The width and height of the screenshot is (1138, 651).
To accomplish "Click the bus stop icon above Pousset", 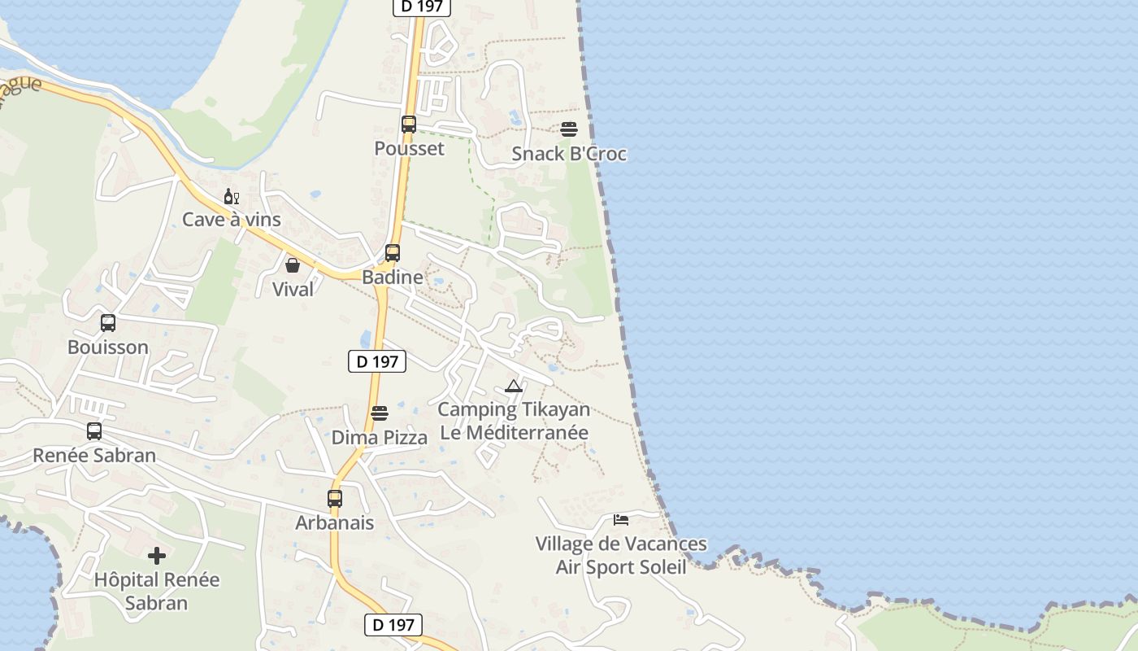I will click(409, 125).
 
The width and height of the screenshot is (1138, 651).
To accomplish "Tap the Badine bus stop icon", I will click(393, 253).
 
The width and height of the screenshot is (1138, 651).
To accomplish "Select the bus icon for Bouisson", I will click(108, 323).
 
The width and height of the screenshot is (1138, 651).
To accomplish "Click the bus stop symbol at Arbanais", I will click(335, 499).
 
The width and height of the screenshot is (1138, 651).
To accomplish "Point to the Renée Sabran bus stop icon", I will click(94, 431).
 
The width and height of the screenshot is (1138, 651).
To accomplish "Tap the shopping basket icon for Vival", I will click(293, 265).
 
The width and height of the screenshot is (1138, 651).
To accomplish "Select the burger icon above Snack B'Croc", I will click(569, 129).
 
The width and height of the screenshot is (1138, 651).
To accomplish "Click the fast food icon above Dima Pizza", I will click(379, 413).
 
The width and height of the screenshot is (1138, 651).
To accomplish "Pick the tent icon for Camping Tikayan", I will click(513, 386).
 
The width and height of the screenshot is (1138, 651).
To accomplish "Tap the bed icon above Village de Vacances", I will click(621, 519).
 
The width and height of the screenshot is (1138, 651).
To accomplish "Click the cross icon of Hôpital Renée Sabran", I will click(157, 556).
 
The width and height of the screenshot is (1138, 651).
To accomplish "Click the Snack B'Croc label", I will click(569, 154).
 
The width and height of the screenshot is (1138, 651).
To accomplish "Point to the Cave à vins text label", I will click(232, 220).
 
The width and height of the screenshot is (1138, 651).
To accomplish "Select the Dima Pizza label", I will click(379, 438).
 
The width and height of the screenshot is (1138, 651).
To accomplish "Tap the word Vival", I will click(293, 289).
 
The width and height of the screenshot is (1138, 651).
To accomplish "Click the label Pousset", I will click(409, 148).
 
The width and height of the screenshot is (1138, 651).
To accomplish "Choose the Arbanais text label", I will click(335, 522).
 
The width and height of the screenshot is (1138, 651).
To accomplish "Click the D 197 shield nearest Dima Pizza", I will click(377, 361).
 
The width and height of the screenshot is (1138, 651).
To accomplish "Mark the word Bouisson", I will click(108, 347).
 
